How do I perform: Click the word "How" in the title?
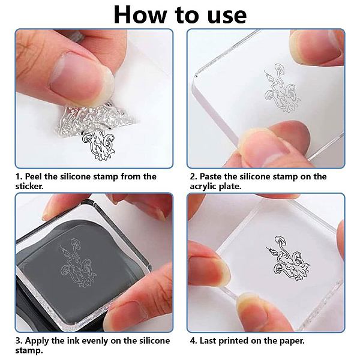pos(140,15)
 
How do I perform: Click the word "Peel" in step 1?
pos(34,176)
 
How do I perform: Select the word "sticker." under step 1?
pos(29,186)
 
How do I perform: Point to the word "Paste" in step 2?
pos(211,176)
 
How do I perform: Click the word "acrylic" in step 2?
pos(203,187)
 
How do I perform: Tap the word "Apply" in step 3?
pos(37,341)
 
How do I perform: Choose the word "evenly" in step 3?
pos(95,341)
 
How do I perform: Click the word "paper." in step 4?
pos(292,341)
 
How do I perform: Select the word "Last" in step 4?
pos(208,340)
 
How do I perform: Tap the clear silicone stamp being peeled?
pos(94,119)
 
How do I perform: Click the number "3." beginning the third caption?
pos(19,340)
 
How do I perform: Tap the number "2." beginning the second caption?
pos(194,176)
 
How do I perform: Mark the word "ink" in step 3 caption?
pos(73,340)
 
